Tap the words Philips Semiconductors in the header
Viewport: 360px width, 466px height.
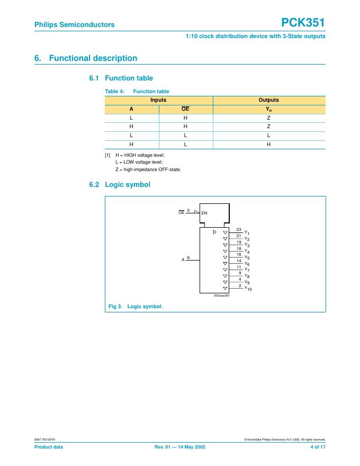pyautogui.click(x=74, y=24)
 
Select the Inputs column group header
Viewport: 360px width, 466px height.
pyautogui.click(x=158, y=100)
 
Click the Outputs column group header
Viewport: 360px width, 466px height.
pyautogui.click(x=268, y=100)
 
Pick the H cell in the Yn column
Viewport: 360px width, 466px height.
pyautogui.click(x=268, y=144)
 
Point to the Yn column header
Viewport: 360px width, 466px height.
pyautogui.click(x=268, y=109)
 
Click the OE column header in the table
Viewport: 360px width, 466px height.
pyautogui.click(x=185, y=109)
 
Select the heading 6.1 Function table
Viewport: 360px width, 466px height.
pyautogui.click(x=121, y=78)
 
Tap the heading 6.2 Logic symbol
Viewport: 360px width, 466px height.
pyautogui.click(x=120, y=185)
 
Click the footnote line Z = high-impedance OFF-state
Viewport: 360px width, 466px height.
pyautogui.click(x=148, y=169)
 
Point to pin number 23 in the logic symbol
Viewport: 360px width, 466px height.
pyautogui.click(x=239, y=229)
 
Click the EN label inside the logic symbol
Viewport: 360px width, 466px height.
pyautogui.click(x=204, y=212)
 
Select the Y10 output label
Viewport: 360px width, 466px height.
pyautogui.click(x=248, y=289)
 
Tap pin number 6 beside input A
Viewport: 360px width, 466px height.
pyautogui.click(x=188, y=257)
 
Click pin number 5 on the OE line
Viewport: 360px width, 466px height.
pyautogui.click(x=188, y=210)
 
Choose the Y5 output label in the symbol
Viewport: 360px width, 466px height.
pyautogui.click(x=247, y=258)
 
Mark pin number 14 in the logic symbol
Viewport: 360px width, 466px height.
pyautogui.click(x=239, y=261)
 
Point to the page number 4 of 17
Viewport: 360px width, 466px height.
pyautogui.click(x=318, y=447)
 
